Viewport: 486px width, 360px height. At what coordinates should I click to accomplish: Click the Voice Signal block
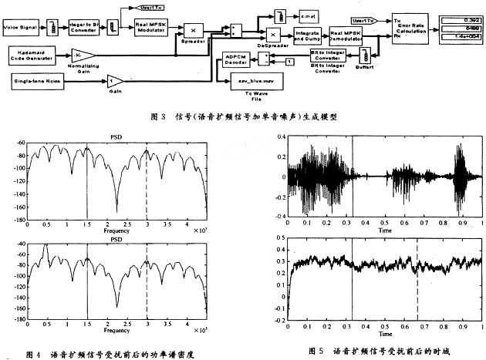[x=24, y=27]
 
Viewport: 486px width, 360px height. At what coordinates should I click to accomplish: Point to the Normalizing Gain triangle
[x=83, y=55]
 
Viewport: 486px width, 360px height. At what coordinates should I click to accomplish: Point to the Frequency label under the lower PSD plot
[x=116, y=329]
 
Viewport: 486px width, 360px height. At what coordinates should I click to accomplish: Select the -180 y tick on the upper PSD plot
[x=16, y=220]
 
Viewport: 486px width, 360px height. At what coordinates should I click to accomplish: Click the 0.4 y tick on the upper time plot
[x=279, y=137]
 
